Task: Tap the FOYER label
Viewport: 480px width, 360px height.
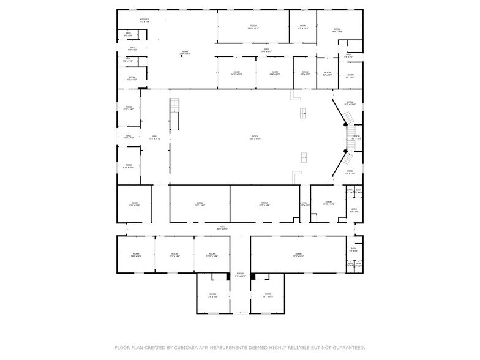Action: click(240, 274)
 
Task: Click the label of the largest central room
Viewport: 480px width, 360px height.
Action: click(255, 137)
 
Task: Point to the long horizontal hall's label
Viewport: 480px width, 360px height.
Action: click(222, 227)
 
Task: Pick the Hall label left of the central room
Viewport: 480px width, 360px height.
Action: click(155, 137)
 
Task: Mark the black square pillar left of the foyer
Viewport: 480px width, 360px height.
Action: click(228, 276)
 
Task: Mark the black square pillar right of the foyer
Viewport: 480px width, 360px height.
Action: click(252, 276)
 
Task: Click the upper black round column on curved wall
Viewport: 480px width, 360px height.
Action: click(345, 124)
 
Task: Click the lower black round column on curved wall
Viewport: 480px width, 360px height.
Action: click(345, 150)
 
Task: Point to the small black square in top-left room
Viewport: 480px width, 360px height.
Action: click(181, 57)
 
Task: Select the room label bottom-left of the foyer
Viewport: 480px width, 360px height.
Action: click(212, 295)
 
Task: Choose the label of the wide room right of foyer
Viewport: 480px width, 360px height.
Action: click(298, 255)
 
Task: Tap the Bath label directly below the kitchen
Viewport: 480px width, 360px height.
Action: click(128, 34)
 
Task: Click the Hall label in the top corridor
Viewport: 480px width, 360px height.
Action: click(266, 50)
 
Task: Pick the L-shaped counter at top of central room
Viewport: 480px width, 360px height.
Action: click(296, 96)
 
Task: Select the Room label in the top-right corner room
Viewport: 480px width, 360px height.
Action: click(338, 29)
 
